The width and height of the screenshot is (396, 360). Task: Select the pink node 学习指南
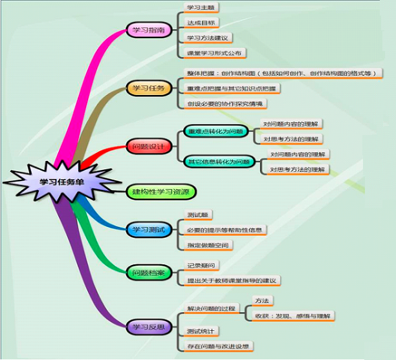click(148, 30)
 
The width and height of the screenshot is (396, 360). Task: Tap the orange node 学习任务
click(148, 88)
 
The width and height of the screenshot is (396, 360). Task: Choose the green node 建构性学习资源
click(160, 192)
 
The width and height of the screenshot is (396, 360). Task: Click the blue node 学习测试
click(148, 229)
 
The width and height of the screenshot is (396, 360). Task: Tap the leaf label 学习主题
click(200, 8)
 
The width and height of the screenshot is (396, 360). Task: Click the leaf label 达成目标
click(200, 23)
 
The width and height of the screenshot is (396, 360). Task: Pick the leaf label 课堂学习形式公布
click(216, 53)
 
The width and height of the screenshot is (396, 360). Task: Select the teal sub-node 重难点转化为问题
click(216, 131)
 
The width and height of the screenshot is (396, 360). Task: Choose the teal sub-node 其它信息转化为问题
click(217, 162)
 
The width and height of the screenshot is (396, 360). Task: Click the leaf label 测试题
click(197, 215)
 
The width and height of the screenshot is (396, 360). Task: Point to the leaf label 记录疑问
click(200, 265)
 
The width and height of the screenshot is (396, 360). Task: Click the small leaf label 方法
click(261, 301)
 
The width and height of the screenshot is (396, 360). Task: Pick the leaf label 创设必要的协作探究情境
click(226, 103)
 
